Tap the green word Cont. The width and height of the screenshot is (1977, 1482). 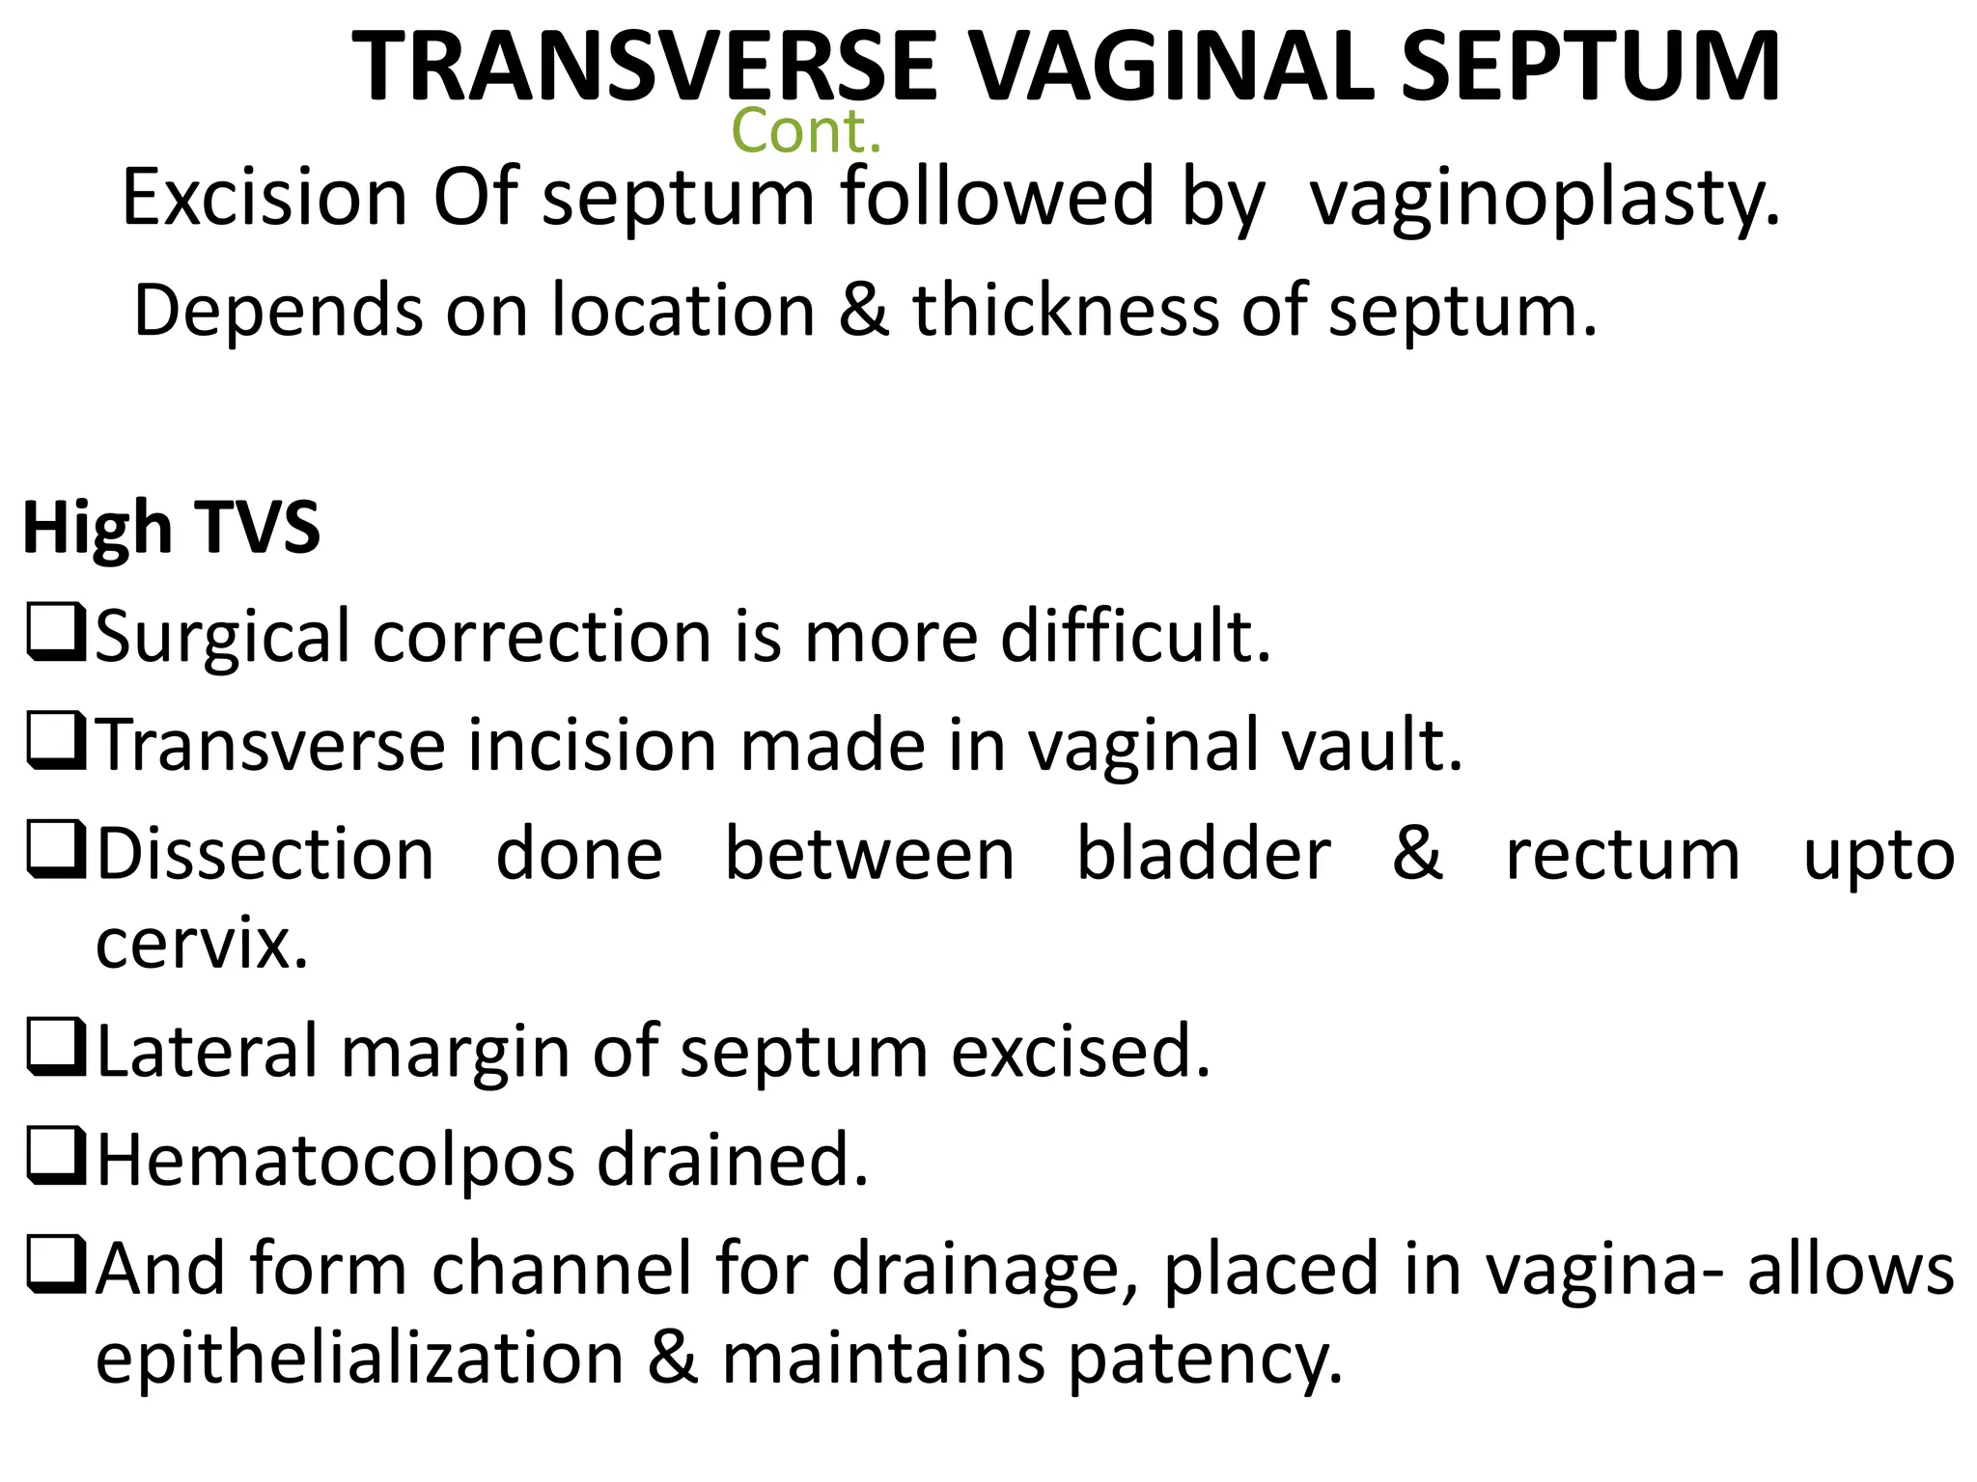806,131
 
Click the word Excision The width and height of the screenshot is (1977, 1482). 265,197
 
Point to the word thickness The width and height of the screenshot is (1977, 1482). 1066,311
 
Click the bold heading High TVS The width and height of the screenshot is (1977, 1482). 171,529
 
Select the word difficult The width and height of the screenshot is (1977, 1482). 1135,637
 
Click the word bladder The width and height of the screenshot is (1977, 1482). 1203,855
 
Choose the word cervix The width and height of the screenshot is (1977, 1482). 202,944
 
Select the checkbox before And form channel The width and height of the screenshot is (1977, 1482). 56,1265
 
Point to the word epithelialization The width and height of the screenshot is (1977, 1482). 360,1358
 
